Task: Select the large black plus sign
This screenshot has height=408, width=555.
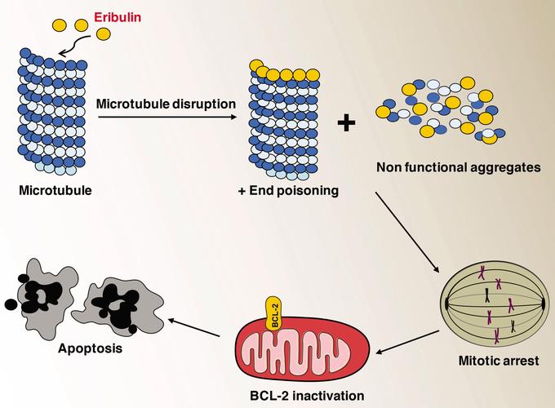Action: (348, 123)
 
